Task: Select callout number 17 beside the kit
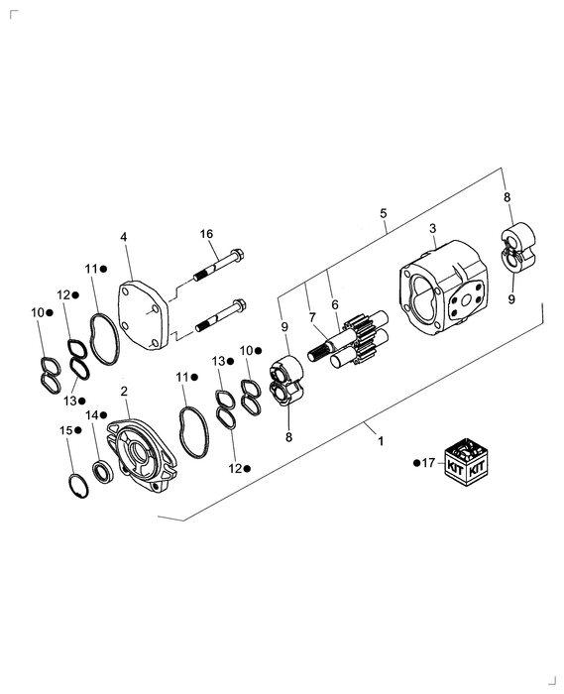coord(428,462)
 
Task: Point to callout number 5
coord(384,213)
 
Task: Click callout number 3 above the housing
coord(432,229)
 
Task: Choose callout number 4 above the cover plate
coord(124,237)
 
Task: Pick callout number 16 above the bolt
coord(206,234)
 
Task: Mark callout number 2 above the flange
coord(124,392)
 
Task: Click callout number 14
coord(91,414)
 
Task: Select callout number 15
coord(65,430)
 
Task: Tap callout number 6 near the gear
coord(334,304)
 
